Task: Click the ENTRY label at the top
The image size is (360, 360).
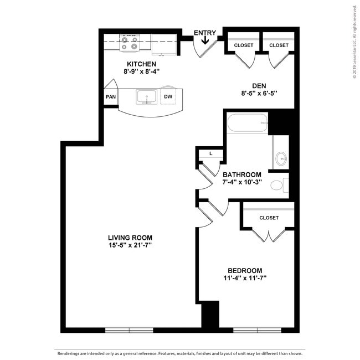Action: (204, 33)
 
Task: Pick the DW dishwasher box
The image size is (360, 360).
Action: (168, 96)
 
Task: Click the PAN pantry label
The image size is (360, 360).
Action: (111, 96)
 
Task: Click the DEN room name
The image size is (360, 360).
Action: (259, 85)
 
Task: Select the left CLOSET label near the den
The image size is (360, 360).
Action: (244, 45)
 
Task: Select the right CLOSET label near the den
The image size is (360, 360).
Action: (279, 45)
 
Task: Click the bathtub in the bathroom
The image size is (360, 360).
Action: (248, 122)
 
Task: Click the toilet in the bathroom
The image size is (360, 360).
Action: (278, 185)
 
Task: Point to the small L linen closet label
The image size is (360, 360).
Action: (211, 153)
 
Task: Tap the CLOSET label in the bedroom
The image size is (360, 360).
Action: (269, 218)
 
